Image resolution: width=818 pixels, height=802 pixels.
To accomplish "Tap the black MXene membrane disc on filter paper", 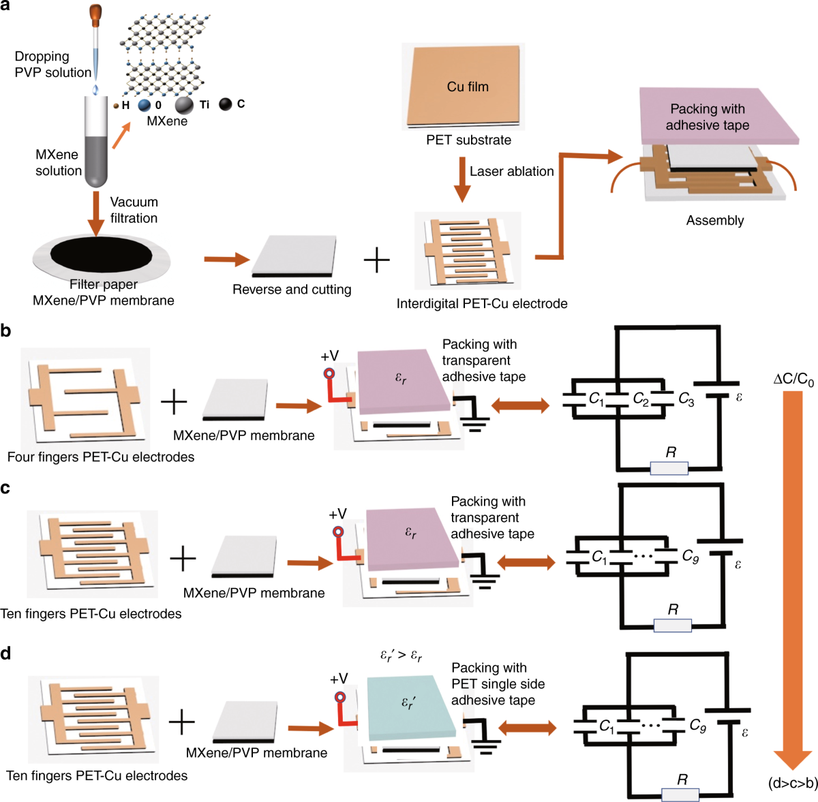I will click(x=102, y=254).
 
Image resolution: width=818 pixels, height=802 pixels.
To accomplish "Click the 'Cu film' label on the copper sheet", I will click(x=468, y=87).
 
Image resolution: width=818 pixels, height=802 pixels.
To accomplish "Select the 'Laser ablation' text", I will click(x=511, y=172).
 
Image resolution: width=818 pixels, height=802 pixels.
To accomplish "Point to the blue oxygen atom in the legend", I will click(x=145, y=105).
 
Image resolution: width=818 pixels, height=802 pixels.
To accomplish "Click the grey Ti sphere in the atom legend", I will click(x=184, y=105).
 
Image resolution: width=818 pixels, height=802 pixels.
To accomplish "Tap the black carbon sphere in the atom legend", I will click(x=225, y=104).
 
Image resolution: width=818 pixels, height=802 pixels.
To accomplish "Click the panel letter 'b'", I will click(x=5, y=331).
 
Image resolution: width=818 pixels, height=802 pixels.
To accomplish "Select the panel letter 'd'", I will click(x=5, y=654).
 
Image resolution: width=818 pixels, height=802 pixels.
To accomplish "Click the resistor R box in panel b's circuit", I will click(x=669, y=468).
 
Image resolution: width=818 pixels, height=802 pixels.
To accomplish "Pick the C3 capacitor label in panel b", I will click(x=686, y=400).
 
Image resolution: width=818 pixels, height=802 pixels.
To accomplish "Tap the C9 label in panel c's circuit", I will click(x=690, y=557).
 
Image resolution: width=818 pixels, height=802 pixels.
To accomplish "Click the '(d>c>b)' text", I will click(x=793, y=783).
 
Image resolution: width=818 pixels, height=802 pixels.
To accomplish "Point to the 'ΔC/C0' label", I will click(x=793, y=380).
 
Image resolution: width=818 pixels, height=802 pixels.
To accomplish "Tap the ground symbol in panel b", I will click(x=475, y=425).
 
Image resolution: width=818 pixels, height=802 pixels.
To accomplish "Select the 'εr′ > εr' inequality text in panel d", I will click(x=401, y=655).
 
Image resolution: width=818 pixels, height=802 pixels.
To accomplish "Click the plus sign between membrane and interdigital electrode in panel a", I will click(x=376, y=260).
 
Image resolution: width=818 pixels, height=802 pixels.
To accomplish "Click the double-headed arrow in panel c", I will click(x=527, y=563).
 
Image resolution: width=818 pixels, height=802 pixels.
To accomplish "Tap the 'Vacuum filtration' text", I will click(x=134, y=210).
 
